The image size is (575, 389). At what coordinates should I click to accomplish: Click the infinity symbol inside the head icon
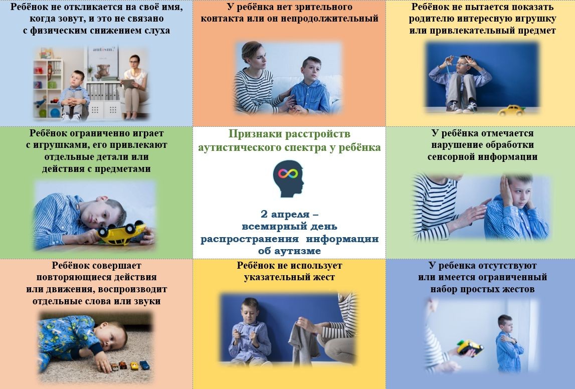tap(288, 173)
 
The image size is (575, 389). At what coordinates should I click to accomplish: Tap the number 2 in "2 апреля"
tap(264, 214)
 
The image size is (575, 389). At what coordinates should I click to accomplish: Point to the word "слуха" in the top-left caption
tap(157, 31)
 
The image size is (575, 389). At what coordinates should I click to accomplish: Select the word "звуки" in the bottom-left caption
tap(148, 301)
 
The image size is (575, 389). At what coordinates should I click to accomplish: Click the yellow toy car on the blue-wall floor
tap(512, 110)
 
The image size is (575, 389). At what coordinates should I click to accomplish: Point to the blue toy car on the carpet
tap(145, 365)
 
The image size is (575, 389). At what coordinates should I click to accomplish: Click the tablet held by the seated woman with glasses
tap(128, 84)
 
